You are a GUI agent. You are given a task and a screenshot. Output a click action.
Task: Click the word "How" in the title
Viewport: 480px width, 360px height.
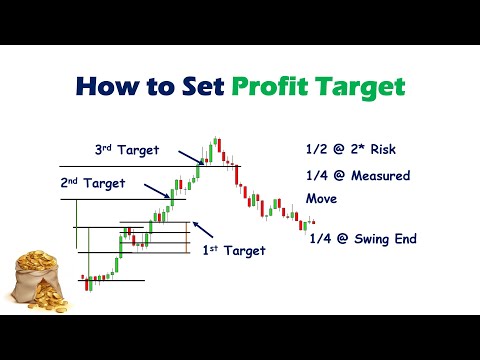point(107,86)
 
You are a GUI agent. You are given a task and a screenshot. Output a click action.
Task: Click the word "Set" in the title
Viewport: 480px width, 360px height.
point(203,86)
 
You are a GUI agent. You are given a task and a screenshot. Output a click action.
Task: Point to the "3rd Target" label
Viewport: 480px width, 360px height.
point(127,150)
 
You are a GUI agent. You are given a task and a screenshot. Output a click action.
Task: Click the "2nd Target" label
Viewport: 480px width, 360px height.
point(93,183)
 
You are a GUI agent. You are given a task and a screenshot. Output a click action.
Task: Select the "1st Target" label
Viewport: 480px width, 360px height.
point(234,250)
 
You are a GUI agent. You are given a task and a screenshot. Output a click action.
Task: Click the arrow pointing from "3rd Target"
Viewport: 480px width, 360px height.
point(191,158)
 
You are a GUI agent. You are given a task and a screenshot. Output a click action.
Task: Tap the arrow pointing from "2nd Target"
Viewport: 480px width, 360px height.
point(157,191)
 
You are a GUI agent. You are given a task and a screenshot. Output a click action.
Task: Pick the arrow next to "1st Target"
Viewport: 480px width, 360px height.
point(203,229)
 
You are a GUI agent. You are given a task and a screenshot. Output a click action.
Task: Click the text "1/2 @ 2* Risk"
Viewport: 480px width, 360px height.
point(351,149)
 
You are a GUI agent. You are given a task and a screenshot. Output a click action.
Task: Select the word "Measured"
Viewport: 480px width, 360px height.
point(380,176)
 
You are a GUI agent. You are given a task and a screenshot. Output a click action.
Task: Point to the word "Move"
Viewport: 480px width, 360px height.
point(321,199)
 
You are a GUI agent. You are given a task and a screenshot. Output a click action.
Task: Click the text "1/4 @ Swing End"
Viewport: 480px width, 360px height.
point(363,239)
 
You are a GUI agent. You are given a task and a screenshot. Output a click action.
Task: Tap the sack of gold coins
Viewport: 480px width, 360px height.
point(38,282)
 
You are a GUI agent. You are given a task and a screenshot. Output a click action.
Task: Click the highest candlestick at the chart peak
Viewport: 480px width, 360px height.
point(215,141)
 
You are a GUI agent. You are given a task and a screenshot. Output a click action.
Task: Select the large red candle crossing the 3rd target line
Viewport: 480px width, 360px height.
point(237,175)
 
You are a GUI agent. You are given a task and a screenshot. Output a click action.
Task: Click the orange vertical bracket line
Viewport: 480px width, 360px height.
point(186,237)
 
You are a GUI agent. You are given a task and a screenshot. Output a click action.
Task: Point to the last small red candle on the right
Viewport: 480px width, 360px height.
point(313,222)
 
